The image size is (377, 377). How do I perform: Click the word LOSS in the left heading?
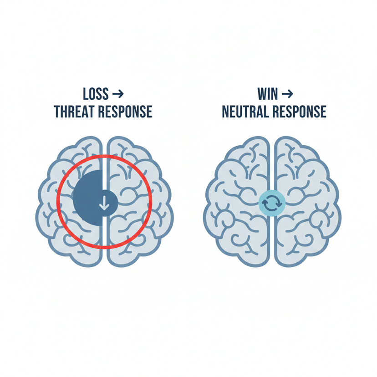[96, 94]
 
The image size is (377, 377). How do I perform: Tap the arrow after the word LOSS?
[117, 94]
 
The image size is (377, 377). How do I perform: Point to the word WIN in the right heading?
[266, 94]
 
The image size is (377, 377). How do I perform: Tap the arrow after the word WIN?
[287, 94]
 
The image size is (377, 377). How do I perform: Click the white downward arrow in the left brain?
[104, 202]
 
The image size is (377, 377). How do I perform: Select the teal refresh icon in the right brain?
[272, 203]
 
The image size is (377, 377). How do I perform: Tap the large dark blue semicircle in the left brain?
[87, 196]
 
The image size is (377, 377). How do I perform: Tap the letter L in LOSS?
[85, 94]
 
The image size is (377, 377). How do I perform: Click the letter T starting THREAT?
[57, 112]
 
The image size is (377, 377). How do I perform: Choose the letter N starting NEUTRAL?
[225, 112]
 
